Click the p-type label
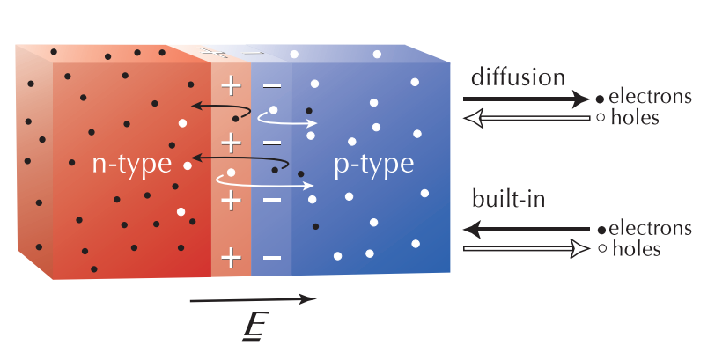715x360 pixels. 373,165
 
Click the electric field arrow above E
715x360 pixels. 253,300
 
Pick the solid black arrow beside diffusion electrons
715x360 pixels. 525,99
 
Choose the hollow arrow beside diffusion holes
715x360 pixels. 525,119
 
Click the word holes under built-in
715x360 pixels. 637,250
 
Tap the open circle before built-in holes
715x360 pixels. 600,250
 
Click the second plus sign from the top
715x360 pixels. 230,143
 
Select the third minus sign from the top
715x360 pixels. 272,200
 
